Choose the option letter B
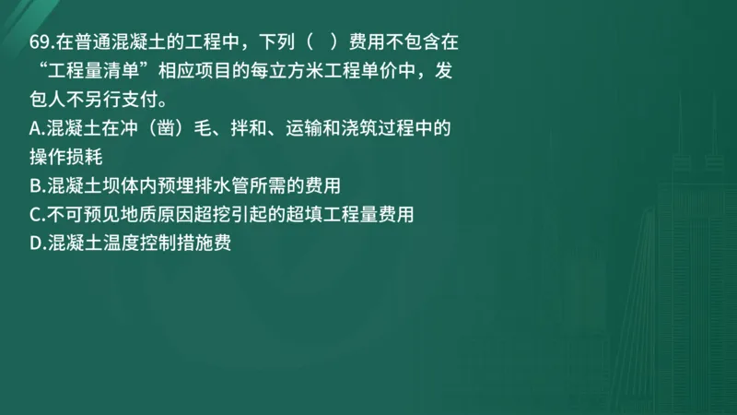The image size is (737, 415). pos(35,185)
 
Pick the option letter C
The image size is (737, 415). pos(35,215)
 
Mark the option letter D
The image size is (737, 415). pos(35,244)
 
